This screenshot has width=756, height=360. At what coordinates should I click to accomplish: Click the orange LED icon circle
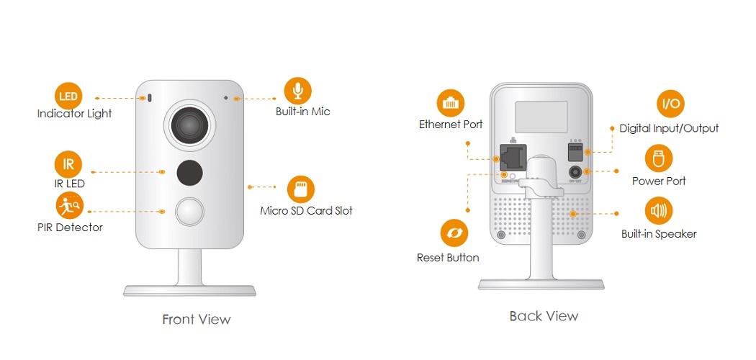68,96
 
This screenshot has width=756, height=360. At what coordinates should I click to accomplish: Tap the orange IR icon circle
68,165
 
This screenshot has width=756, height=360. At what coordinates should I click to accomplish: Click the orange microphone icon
298,91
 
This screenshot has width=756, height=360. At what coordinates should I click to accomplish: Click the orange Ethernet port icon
451,103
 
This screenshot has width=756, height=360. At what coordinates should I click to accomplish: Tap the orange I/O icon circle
670,104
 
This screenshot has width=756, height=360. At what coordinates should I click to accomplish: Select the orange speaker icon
658,212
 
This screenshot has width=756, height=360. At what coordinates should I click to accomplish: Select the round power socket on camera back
575,172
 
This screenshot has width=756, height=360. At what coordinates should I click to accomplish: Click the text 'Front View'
197,319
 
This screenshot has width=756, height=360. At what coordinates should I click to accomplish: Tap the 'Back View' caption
544,316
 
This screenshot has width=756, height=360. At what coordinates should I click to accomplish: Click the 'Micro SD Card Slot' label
306,211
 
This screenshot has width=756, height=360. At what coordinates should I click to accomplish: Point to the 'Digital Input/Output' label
669,128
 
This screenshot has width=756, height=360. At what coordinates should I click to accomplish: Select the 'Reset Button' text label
448,257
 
